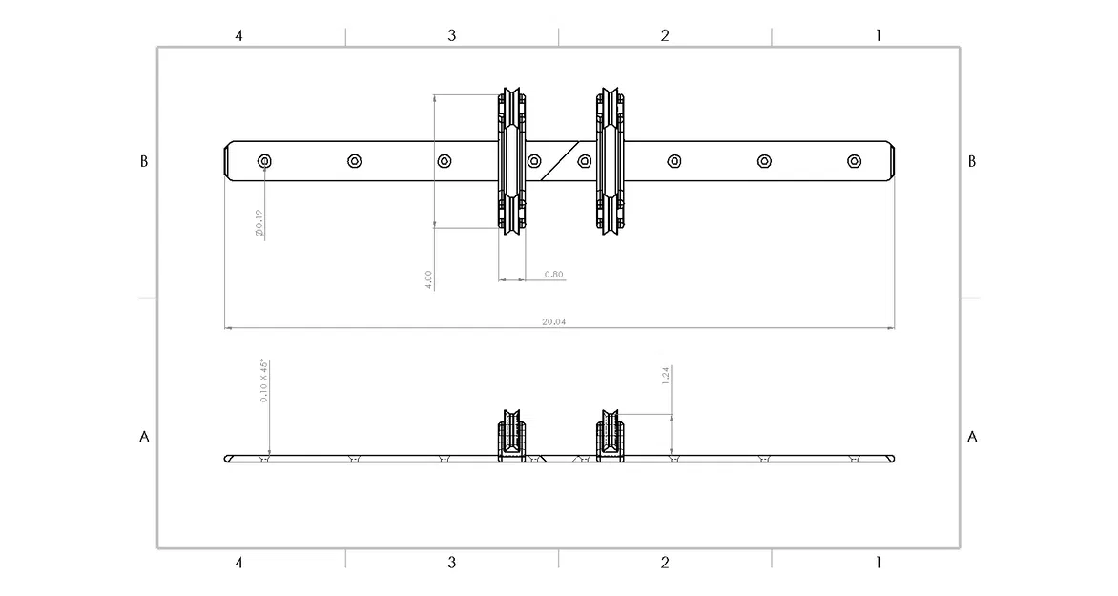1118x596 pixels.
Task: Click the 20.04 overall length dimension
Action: click(554, 322)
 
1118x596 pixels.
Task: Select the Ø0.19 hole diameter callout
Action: click(259, 224)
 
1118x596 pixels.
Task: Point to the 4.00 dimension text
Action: click(429, 279)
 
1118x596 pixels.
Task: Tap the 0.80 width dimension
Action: click(553, 275)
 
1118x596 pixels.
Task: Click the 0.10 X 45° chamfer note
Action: click(264, 381)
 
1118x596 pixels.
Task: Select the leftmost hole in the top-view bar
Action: click(264, 161)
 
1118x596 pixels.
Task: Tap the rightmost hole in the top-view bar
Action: click(854, 161)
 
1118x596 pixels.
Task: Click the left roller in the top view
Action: click(511, 160)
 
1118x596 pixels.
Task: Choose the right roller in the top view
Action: click(610, 160)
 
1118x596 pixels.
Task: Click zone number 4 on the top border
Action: click(239, 35)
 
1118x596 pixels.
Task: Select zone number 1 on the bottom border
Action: click(879, 563)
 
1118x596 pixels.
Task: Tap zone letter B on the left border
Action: click(144, 161)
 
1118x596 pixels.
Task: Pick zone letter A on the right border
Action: click(972, 437)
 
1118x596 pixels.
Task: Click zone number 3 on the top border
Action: click(452, 35)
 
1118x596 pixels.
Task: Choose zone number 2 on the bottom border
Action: click(665, 563)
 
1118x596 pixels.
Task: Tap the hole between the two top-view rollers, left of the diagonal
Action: click(534, 160)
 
